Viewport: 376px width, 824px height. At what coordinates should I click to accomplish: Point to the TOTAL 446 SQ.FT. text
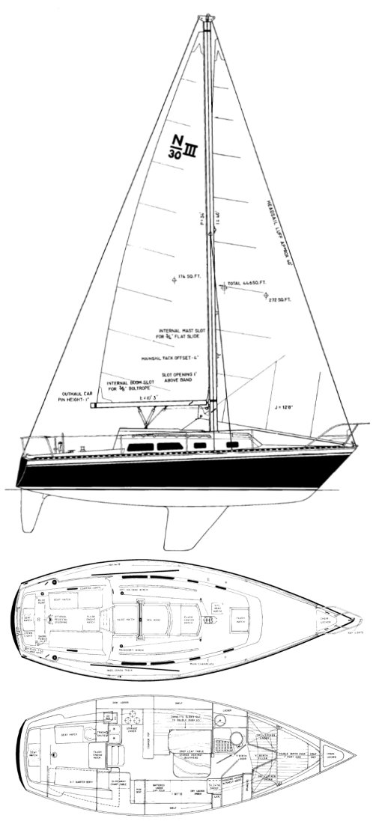[x=249, y=286]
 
